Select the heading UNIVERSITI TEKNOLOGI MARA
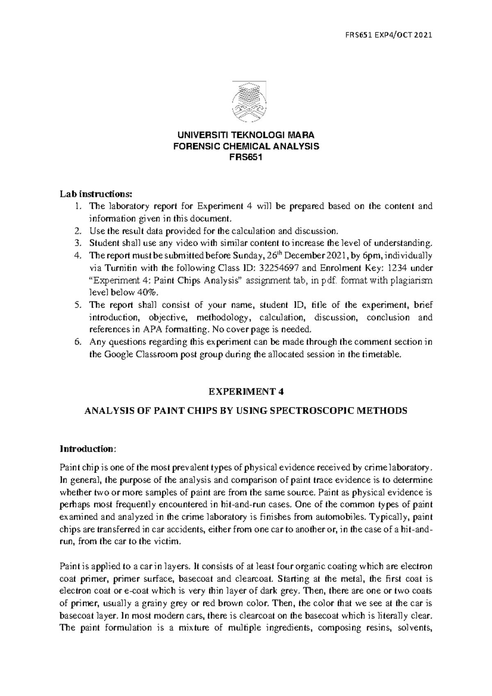click(246, 135)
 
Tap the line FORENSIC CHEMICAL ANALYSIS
click(246, 147)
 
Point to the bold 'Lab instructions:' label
click(96, 194)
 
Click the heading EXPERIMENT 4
click(246, 391)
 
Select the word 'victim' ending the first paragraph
click(168, 541)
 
